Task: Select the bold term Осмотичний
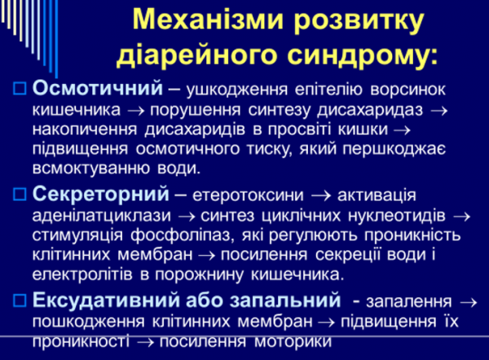[x=98, y=88]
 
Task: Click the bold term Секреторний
[x=101, y=194]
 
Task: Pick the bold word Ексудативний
[x=106, y=300]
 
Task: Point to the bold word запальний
[x=285, y=301]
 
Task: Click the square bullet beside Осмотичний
[x=20, y=88]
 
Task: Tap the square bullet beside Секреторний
[x=20, y=194]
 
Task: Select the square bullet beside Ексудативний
[x=20, y=301]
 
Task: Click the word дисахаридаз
[x=370, y=110]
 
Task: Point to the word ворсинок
[x=408, y=90]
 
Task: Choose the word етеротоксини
[x=248, y=195]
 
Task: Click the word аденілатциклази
[x=102, y=216]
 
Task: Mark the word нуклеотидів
[x=397, y=216]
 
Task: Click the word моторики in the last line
[x=293, y=341]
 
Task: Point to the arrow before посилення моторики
[x=145, y=343]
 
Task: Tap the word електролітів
[x=82, y=274]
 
